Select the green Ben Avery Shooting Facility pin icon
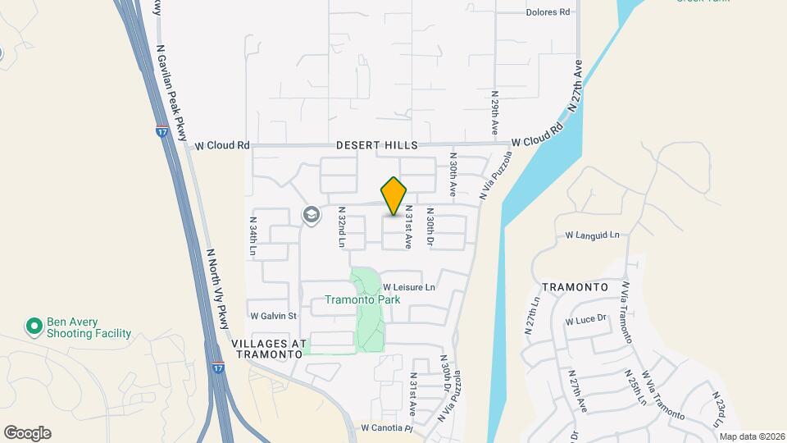[34, 327]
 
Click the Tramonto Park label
[362, 299]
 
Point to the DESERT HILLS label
[377, 145]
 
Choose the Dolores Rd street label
[548, 12]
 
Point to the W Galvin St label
[273, 315]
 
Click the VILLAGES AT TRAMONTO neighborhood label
[269, 349]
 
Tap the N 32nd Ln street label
[341, 227]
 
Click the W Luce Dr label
[585, 319]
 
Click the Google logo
[27, 433]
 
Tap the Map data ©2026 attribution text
[751, 436]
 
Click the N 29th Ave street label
[495, 112]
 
